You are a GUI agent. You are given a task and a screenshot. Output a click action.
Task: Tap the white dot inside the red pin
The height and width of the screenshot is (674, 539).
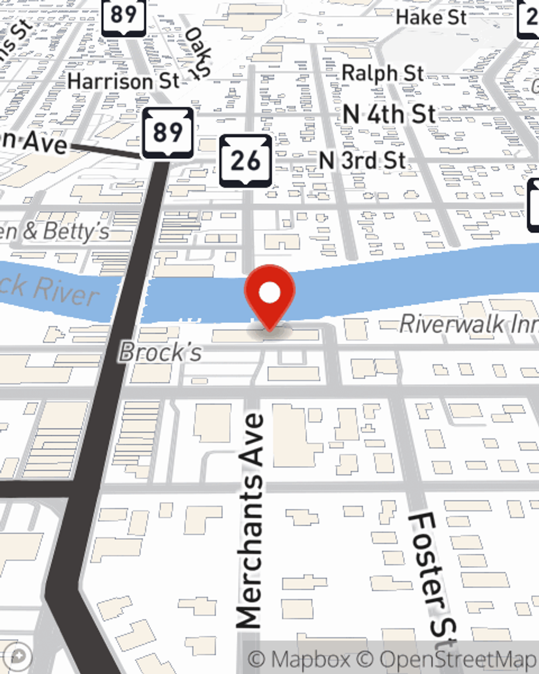click(269, 293)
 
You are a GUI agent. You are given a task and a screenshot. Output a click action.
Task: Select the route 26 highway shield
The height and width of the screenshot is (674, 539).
click(246, 161)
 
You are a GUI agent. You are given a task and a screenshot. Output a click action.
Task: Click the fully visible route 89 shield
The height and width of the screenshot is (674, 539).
click(168, 132)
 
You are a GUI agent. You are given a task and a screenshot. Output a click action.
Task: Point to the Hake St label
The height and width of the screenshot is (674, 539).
click(431, 17)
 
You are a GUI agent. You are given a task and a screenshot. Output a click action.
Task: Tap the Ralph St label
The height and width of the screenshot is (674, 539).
click(383, 73)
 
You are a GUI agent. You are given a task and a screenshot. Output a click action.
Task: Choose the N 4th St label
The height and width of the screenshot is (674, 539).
click(389, 114)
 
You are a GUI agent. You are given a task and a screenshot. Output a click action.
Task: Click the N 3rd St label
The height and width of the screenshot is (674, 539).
click(363, 160)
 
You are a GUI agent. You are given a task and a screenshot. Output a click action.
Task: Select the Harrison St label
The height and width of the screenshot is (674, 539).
click(123, 81)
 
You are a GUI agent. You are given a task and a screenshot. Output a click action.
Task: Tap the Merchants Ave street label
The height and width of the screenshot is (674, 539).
click(250, 520)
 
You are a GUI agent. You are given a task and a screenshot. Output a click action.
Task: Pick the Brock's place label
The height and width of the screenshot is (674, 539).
click(160, 353)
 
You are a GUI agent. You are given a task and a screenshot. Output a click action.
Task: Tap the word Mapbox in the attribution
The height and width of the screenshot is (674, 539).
click(309, 659)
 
